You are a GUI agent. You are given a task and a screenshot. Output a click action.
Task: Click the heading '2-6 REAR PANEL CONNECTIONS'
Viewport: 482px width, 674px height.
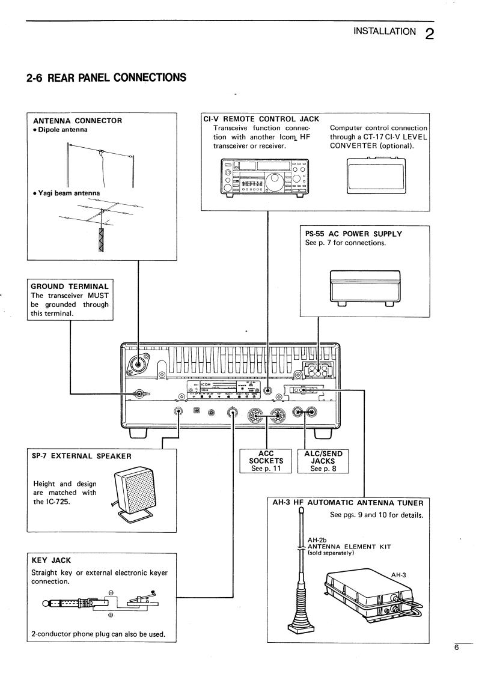coord(103,77)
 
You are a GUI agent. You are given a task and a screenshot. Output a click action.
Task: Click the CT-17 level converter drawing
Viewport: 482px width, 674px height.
coord(376,177)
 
